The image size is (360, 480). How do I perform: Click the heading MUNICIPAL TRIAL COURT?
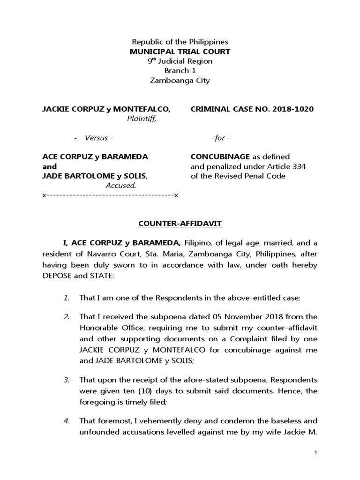point(180,52)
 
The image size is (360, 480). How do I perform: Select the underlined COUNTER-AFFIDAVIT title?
point(180,224)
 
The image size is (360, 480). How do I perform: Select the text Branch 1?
point(180,71)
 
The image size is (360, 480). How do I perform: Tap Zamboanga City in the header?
point(180,80)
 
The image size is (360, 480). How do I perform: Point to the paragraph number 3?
point(67,379)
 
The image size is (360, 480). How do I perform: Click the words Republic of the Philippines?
point(180,42)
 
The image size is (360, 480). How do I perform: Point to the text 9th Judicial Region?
point(180,61)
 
